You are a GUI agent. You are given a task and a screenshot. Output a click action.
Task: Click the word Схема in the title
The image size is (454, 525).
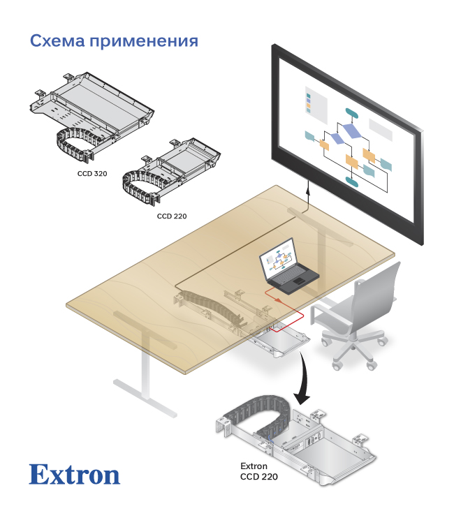tap(57, 40)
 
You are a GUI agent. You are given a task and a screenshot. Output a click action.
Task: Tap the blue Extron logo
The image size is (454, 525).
tap(74, 475)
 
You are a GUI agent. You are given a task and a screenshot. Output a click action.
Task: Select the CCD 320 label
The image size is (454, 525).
tap(91, 172)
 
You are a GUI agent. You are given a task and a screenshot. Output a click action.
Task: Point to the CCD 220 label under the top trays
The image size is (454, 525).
tap(172, 216)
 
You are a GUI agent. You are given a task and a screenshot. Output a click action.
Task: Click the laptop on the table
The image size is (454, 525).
tap(288, 269)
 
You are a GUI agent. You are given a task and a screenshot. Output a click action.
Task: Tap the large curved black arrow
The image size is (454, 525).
tap(302, 380)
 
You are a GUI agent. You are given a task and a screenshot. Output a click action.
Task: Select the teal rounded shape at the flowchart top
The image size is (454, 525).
tap(351, 112)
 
